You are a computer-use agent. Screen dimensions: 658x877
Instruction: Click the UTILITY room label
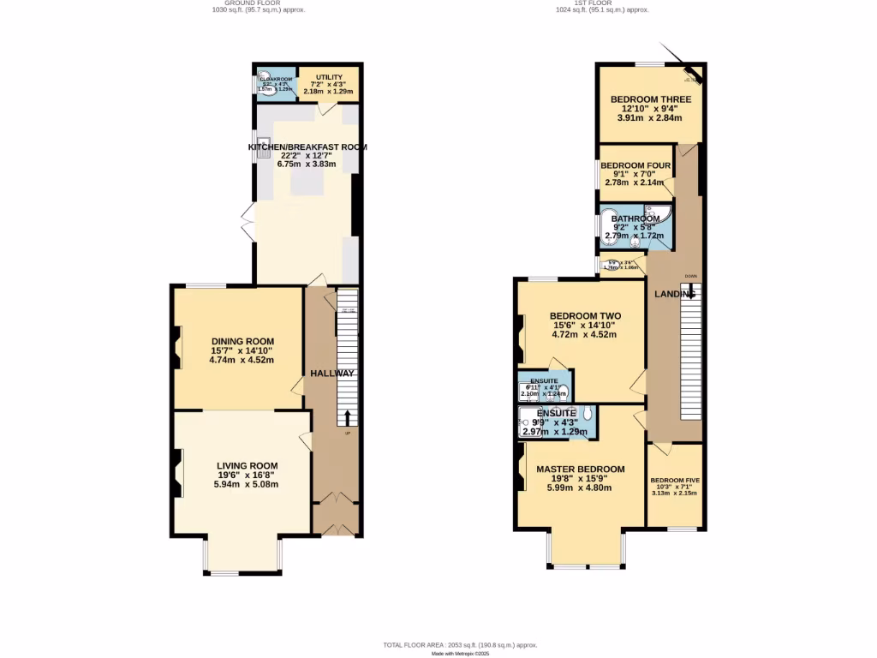pos(329,77)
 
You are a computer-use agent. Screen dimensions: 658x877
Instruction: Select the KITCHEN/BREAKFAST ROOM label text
pos(307,147)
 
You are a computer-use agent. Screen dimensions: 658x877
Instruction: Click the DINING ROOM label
pos(242,341)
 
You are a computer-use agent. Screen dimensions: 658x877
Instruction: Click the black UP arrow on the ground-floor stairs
pos(347,417)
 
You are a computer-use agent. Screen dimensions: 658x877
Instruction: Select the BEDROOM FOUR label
pos(635,165)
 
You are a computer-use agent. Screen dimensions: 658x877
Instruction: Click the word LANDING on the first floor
pos(674,295)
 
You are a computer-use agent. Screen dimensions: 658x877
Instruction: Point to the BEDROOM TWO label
pos(585,316)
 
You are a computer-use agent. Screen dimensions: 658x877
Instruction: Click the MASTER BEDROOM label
pos(580,470)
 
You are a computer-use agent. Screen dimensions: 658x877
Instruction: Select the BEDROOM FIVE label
pos(674,481)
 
